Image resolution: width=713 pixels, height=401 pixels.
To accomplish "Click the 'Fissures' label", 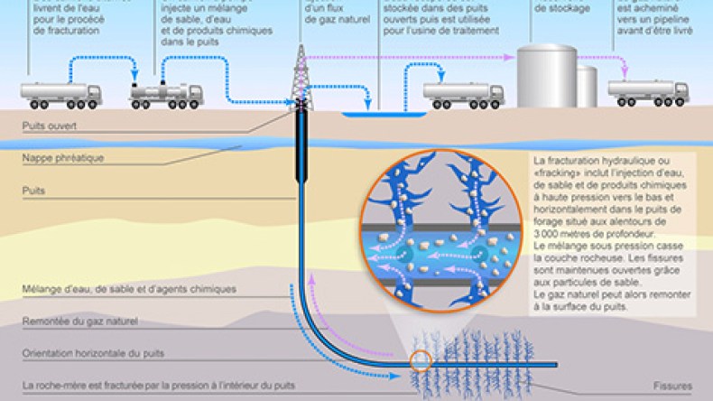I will tap(671, 385).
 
